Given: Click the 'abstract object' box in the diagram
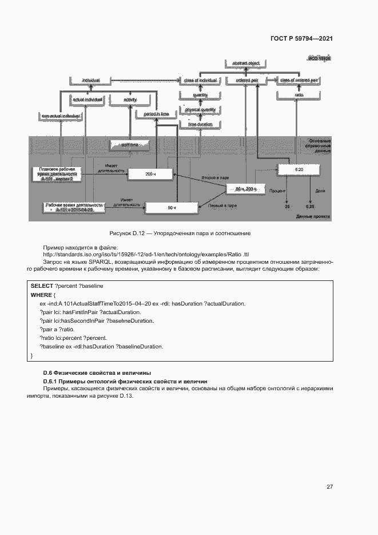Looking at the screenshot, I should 246,62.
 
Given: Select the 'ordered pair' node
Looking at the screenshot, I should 247,80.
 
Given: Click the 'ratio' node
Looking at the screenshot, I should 299,94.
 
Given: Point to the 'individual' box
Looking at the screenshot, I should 91,80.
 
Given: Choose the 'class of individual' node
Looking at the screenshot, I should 200,80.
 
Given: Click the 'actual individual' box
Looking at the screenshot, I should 86,100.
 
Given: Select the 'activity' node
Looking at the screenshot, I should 130,100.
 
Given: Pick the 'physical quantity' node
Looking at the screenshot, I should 200,109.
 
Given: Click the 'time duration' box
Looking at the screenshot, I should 200,124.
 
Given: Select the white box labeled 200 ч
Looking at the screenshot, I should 150,173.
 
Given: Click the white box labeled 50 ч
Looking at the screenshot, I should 171,208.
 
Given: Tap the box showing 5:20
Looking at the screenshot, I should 299,170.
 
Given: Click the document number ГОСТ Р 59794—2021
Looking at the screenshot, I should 301,39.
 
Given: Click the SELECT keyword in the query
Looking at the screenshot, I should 42,285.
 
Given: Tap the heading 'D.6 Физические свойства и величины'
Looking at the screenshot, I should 97,372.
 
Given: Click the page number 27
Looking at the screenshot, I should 329,486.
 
